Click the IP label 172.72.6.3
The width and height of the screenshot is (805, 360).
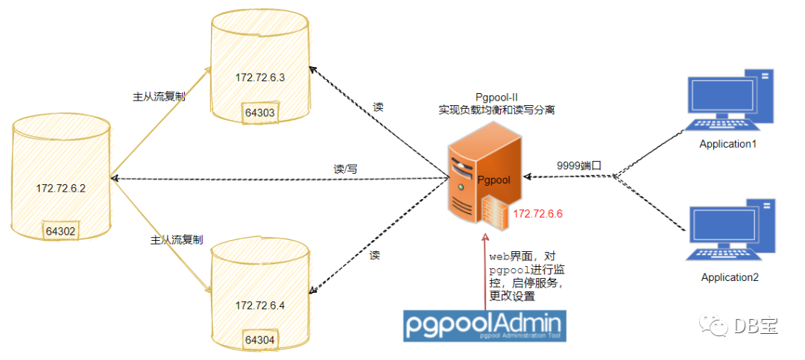click(x=260, y=77)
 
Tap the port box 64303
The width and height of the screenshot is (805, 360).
click(x=260, y=113)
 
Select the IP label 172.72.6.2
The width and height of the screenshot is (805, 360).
click(x=61, y=188)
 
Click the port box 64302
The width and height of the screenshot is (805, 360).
click(x=60, y=231)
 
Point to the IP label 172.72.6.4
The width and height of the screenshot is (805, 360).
click(x=260, y=305)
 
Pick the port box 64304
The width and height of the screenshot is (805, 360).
click(x=260, y=340)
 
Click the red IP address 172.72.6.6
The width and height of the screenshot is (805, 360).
click(x=537, y=214)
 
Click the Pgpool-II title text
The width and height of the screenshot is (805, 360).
click(x=497, y=97)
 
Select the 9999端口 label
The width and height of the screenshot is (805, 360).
click(x=579, y=165)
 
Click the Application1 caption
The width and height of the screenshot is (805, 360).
click(x=727, y=144)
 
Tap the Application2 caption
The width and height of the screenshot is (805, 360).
click(x=729, y=277)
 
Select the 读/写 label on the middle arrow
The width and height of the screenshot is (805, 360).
click(x=345, y=169)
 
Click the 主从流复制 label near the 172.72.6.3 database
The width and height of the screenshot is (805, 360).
click(x=159, y=97)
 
